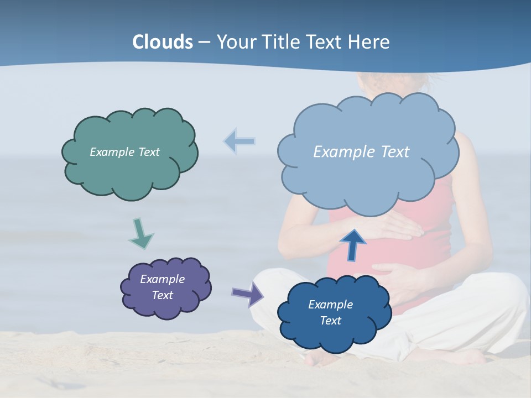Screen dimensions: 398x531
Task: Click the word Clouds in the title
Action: (x=163, y=42)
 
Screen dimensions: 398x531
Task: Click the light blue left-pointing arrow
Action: (x=240, y=142)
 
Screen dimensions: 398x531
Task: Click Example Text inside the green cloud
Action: (x=124, y=152)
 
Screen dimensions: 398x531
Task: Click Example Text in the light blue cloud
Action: (x=361, y=152)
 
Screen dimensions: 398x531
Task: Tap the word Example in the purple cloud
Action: (x=162, y=279)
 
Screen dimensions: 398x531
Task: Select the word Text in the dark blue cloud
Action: (x=330, y=321)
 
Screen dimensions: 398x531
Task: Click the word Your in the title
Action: (x=235, y=42)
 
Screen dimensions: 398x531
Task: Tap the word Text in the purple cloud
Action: (x=162, y=295)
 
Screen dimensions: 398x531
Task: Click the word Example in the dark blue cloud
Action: (x=330, y=305)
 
